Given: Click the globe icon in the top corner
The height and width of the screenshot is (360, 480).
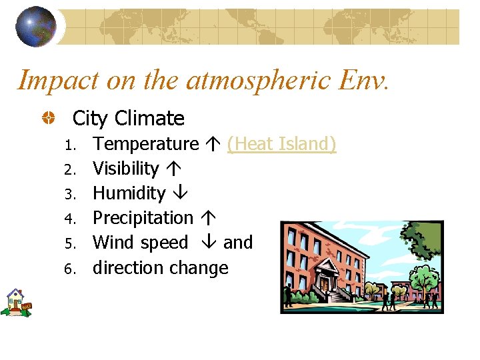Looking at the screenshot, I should pos(36,27).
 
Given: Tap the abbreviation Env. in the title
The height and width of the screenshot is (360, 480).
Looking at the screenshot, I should pos(363,80).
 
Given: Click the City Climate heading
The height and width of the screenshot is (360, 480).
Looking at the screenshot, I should pos(128,119).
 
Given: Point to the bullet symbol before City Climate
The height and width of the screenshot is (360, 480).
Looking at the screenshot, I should pos(49,119).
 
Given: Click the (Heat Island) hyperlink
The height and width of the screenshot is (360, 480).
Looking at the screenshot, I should pos(281,143).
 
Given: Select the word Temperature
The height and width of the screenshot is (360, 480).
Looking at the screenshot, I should pos(145,143).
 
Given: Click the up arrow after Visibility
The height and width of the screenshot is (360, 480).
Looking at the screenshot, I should pos(171,169).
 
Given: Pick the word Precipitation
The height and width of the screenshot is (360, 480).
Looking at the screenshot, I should pos(143,218).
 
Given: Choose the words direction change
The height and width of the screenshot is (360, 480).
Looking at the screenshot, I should pos(160,268).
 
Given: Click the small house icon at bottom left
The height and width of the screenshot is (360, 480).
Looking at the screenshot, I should pos(15,302).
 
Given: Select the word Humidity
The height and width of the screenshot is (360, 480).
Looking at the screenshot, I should pos(129,193).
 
